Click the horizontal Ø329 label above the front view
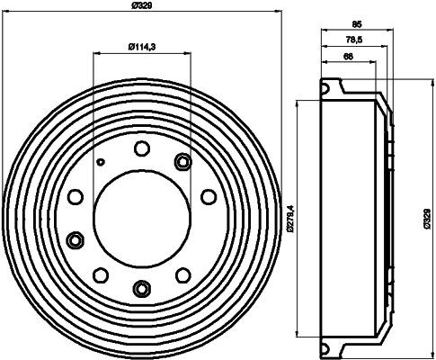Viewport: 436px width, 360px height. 141,7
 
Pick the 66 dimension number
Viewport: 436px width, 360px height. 347,58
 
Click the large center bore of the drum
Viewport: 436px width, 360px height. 141,217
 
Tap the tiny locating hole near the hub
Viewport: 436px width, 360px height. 102,163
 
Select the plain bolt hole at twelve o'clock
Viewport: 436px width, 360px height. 141,148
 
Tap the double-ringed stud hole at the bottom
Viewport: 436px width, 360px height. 141,287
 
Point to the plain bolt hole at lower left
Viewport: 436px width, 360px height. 102,274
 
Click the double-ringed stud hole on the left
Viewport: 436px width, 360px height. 76,239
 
